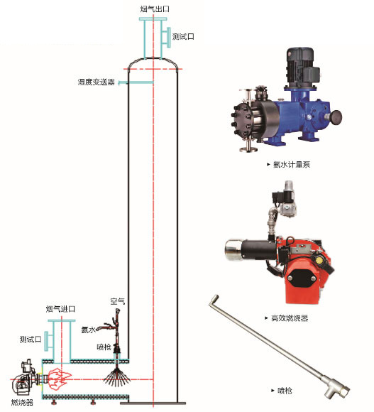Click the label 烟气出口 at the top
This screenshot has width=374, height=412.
point(155,9)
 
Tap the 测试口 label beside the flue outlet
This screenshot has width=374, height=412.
point(183,36)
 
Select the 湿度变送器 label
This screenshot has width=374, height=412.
point(97,82)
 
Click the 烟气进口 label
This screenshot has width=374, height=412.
point(60,309)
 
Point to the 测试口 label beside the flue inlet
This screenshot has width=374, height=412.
point(31,340)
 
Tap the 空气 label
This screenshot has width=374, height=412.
point(118,301)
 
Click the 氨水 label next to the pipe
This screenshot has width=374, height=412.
point(88,330)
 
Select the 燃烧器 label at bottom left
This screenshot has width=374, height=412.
point(22,402)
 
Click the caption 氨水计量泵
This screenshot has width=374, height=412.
point(292,165)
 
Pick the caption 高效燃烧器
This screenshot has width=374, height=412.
point(290,318)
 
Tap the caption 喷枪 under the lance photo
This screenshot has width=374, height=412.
point(285,391)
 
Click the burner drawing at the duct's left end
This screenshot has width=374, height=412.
point(26,377)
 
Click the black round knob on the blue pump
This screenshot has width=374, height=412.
point(336,117)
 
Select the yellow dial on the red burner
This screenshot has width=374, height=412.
point(319,260)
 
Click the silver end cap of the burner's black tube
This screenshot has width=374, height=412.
point(233,249)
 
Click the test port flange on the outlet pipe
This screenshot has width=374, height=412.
point(168,38)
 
